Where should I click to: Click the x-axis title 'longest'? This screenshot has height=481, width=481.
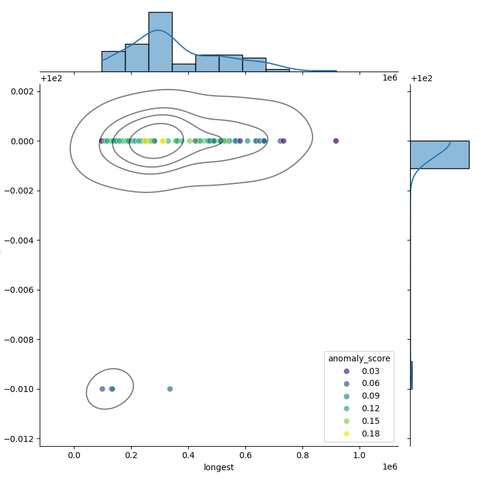(219, 467)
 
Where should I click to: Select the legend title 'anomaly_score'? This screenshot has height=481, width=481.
(359, 358)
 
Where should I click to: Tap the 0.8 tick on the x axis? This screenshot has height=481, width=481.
(302, 456)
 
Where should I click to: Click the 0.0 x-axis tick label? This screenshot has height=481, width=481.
(75, 456)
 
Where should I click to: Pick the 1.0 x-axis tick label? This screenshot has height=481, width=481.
(360, 456)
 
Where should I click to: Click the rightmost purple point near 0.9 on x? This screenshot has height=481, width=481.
(335, 141)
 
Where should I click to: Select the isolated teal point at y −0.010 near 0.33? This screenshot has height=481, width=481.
(170, 389)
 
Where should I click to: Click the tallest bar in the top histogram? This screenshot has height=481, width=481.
(160, 42)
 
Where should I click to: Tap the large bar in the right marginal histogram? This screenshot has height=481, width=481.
(439, 155)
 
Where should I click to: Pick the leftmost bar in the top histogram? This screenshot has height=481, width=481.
(113, 61)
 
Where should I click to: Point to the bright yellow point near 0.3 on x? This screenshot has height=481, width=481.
(162, 141)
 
